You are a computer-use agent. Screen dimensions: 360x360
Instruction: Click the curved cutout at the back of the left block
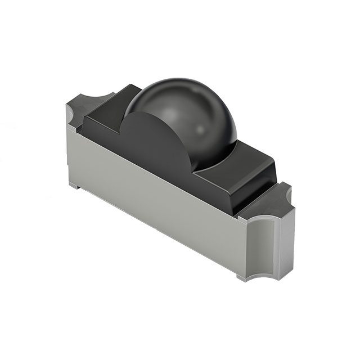[x=100, y=98]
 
